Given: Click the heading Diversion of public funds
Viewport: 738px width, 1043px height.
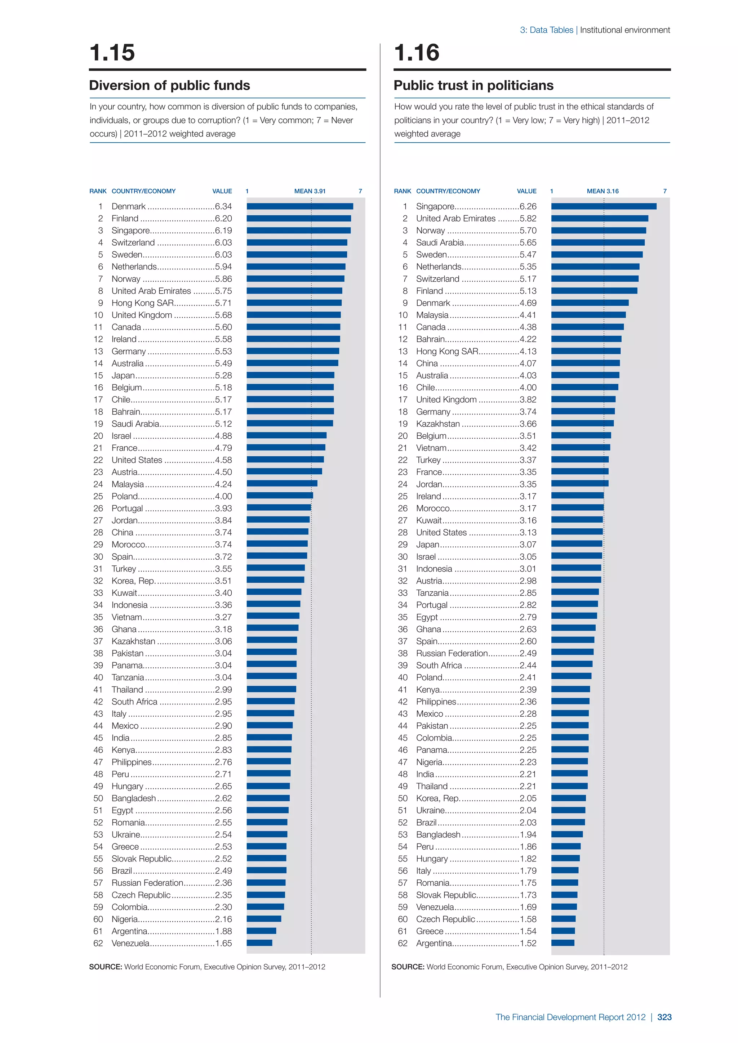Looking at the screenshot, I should pos(169,85).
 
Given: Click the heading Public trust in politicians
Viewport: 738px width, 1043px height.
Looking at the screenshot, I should pos(474,85).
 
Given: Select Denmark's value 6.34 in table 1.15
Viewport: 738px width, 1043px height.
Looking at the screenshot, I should pos(223,206).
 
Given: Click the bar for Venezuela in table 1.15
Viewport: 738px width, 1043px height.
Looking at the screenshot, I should pos(259,943).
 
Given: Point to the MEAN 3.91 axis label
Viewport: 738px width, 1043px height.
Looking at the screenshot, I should pos(310,191).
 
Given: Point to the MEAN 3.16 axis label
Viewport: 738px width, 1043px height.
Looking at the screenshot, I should pos(603,191).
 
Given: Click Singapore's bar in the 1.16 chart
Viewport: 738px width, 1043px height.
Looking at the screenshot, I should pos(604,206).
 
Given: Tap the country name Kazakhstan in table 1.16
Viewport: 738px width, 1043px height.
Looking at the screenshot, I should pos(437,424).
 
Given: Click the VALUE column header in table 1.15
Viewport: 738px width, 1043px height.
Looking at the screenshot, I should pos(222,191).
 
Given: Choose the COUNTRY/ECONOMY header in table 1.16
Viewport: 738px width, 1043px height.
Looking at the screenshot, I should pos(448,191).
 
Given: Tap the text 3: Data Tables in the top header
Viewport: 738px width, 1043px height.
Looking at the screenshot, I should pos(546,30).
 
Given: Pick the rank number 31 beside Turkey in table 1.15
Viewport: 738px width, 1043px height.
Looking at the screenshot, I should pos(98,569).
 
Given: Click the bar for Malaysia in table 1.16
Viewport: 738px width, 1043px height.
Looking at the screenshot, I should pos(588,315).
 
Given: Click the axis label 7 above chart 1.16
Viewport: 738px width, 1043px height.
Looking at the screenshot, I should pos(665,191).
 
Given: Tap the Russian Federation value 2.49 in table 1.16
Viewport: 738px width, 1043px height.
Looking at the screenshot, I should pos(528,653).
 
